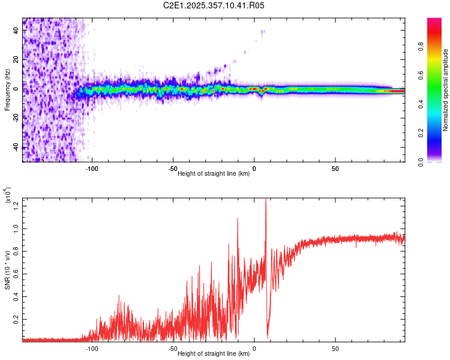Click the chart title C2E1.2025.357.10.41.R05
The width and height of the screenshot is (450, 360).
coord(214,5)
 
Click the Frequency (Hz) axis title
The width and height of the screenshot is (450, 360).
coord(7,90)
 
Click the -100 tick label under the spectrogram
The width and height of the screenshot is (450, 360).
coord(92,169)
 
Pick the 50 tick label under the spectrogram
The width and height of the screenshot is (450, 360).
coord(335,169)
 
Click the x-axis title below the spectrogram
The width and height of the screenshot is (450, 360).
coord(214,174)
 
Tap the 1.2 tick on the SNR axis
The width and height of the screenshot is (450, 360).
coord(16,206)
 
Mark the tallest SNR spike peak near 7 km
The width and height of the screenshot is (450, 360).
coord(266,200)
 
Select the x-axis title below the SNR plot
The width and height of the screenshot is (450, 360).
coord(214,353)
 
